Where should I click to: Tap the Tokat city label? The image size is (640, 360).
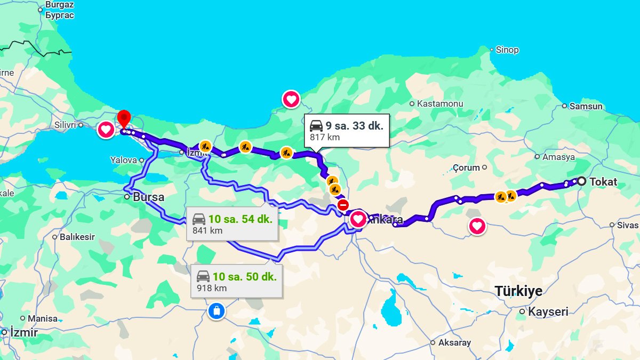(603, 182)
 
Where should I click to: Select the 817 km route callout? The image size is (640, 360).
(347, 131)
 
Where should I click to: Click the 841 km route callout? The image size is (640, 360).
(232, 224)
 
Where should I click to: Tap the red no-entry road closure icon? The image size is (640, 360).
(343, 205)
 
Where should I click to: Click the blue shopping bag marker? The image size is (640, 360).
(217, 310)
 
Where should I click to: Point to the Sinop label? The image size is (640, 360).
(507, 50)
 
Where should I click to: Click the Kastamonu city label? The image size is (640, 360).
(440, 103)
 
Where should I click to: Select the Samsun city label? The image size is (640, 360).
(586, 106)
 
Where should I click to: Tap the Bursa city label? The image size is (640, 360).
(148, 197)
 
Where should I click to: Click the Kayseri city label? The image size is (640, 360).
(548, 312)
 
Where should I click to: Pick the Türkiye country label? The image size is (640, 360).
(518, 291)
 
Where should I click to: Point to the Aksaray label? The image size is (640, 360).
(454, 342)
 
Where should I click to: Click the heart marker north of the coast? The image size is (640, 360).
(291, 99)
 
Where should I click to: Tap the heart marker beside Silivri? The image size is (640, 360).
(106, 130)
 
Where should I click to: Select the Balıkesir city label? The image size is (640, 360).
(77, 237)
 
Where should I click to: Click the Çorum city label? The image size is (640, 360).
(467, 167)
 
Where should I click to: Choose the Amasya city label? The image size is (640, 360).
(558, 157)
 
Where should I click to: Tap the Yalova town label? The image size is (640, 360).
(124, 160)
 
